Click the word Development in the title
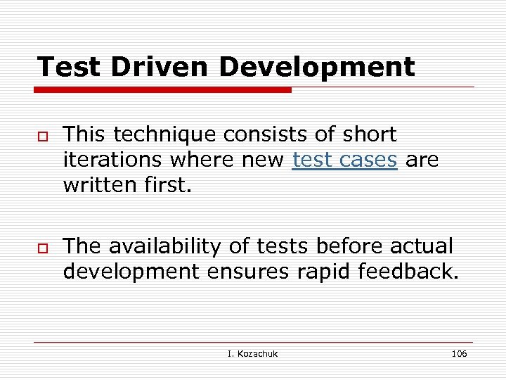click(317, 68)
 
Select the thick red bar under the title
click(163, 90)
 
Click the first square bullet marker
click(43, 136)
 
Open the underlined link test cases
click(345, 160)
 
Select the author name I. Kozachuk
click(253, 353)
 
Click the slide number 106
click(459, 353)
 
